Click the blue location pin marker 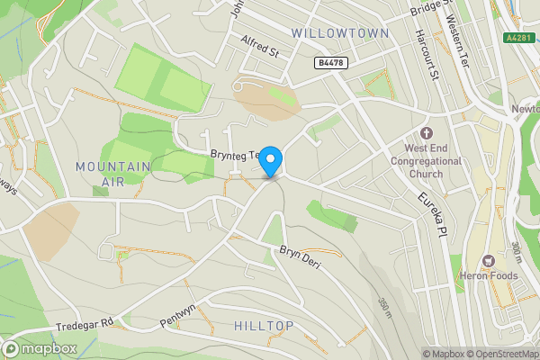pyautogui.click(x=271, y=162)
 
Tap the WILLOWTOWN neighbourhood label pyautogui.click(x=340, y=33)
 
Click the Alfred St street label pyautogui.click(x=261, y=48)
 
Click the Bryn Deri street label pyautogui.click(x=300, y=255)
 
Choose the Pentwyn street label pyautogui.click(x=177, y=319)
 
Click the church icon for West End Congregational pyautogui.click(x=426, y=133)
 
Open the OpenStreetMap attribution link pyautogui.click(x=499, y=354)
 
